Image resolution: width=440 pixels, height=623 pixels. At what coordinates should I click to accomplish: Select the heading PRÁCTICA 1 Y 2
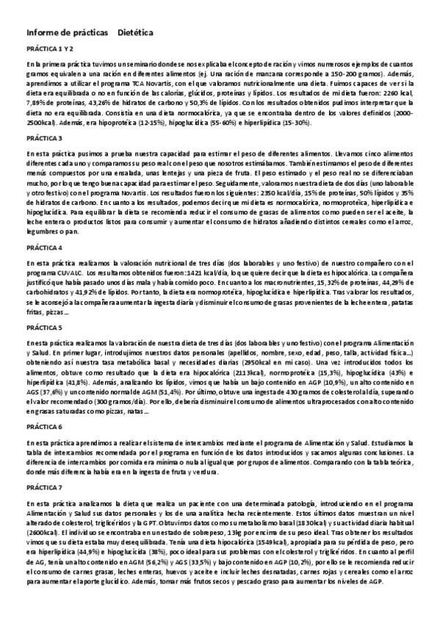(49, 49)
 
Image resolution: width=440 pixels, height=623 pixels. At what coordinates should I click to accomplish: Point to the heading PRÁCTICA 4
(44, 247)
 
